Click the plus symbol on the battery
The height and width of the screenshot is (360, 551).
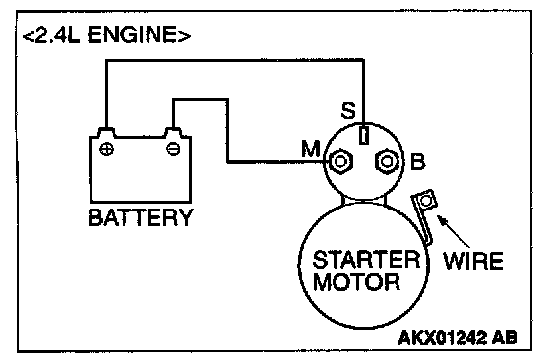[106, 150]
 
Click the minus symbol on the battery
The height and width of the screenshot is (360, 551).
[173, 149]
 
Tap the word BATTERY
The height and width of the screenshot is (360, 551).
[141, 217]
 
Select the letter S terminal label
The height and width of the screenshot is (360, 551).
[348, 111]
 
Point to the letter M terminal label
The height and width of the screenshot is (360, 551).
[311, 149]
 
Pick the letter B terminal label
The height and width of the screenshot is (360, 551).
[418, 162]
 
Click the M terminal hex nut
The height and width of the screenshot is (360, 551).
[339, 162]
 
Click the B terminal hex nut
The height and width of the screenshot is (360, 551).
[387, 162]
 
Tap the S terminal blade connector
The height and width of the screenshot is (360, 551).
[364, 135]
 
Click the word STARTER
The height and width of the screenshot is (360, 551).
[366, 260]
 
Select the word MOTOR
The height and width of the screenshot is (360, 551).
[356, 281]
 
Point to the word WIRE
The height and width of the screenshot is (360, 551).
[473, 261]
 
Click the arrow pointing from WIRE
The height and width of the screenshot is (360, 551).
[454, 232]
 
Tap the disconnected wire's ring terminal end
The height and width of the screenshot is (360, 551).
[426, 201]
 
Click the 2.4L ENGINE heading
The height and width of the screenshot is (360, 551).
[106, 35]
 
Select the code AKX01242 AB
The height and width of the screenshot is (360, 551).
[458, 338]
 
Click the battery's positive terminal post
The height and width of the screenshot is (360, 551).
[106, 133]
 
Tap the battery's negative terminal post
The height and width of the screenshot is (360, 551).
[173, 133]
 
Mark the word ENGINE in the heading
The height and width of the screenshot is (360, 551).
[133, 35]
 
